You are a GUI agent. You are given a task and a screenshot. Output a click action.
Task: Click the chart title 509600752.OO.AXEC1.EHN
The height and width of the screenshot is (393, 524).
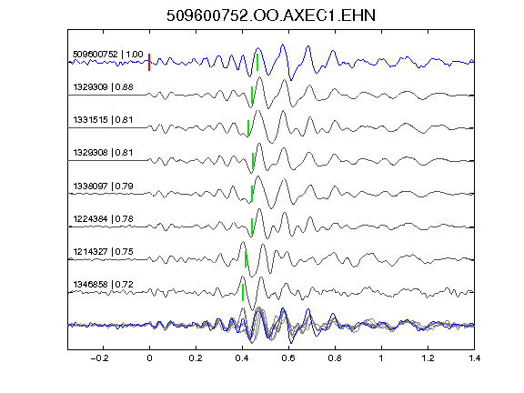[x=271, y=15]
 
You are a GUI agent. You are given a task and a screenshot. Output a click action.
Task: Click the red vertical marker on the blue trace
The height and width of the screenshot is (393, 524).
[x=149, y=62]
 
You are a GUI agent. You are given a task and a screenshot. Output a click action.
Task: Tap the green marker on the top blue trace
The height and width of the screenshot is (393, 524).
[x=257, y=62]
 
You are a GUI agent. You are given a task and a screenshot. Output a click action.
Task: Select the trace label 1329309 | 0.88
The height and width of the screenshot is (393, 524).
[x=103, y=87]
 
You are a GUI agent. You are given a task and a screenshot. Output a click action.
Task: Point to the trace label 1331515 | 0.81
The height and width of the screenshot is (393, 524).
[x=103, y=120]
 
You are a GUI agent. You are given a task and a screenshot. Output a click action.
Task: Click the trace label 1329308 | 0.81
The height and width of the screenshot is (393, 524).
[x=103, y=153]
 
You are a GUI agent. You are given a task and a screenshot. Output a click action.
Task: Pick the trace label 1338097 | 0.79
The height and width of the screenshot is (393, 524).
[x=103, y=186]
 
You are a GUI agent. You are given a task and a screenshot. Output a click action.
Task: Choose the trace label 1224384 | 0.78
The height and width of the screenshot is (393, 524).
[x=103, y=219]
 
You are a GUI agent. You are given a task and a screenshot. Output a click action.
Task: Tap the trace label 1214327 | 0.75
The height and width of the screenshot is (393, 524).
[x=103, y=251]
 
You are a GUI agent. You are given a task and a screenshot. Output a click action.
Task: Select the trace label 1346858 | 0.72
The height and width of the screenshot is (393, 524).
[x=103, y=285]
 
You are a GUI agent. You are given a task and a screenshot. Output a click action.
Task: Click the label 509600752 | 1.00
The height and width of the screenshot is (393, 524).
[x=108, y=55]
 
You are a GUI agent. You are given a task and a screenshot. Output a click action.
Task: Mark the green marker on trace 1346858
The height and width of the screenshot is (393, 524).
[x=243, y=292]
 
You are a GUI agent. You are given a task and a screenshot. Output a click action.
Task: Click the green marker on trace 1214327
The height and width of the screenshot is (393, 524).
[x=246, y=259]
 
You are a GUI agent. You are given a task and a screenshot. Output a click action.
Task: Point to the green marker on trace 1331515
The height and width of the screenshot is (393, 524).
[x=248, y=128]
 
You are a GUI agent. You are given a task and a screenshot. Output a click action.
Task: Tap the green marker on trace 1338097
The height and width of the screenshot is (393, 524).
[x=252, y=194]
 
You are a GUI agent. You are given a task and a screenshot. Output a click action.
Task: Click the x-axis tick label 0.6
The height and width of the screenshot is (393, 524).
[x=288, y=358]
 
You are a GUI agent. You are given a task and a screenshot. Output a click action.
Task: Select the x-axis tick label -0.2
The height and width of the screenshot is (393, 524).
[x=100, y=358]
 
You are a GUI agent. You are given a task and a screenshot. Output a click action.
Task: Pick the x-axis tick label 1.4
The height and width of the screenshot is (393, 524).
[x=474, y=358]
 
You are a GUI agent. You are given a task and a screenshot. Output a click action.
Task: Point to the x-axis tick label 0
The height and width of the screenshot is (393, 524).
[x=149, y=358]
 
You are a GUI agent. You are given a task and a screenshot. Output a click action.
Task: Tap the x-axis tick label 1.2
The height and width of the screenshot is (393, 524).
[x=428, y=358]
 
